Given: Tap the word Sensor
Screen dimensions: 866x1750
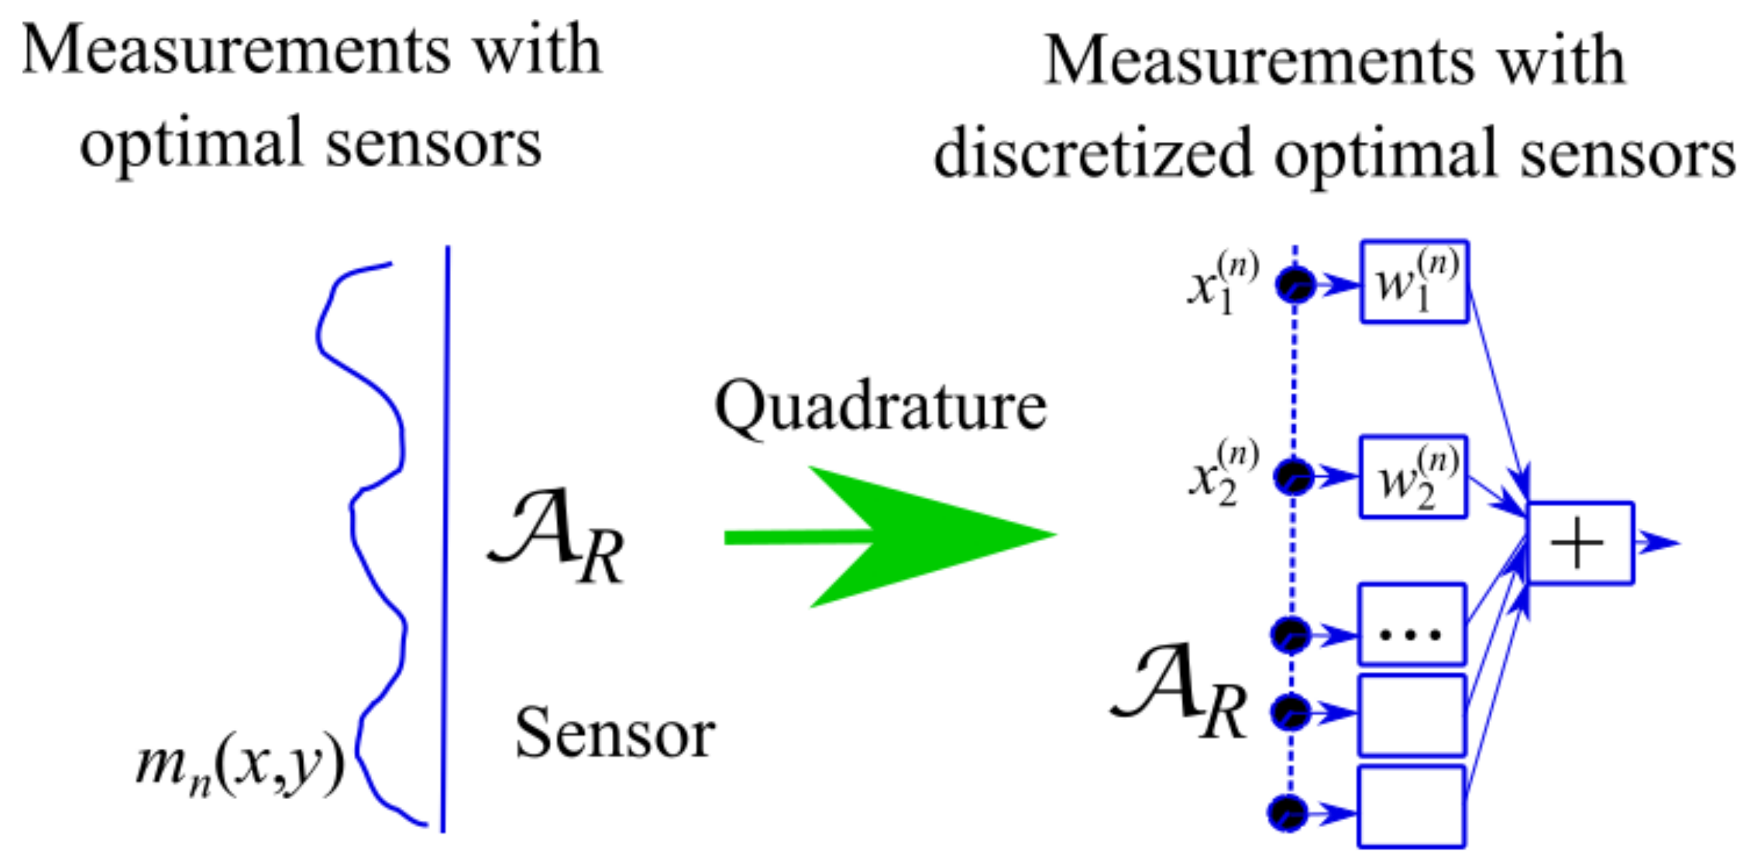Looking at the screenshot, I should click(614, 734).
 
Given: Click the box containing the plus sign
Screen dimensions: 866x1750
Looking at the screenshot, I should click(1580, 543).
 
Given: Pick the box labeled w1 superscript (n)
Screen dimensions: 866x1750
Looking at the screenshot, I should click(1413, 283).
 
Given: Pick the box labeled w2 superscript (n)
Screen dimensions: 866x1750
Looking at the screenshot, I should click(1412, 477).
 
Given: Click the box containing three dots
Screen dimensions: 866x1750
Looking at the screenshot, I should click(1411, 625).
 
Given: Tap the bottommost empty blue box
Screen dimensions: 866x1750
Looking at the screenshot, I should click(1411, 807).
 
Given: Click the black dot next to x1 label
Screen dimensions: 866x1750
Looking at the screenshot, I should click(1295, 285).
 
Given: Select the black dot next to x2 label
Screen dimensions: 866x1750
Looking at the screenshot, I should click(1294, 477).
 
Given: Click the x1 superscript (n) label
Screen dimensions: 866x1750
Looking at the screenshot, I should click(1222, 284).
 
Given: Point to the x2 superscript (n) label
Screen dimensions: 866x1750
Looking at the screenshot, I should click(1222, 474).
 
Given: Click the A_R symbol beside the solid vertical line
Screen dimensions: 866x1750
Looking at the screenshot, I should click(556, 536).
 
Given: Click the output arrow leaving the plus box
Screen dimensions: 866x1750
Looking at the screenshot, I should click(1658, 542).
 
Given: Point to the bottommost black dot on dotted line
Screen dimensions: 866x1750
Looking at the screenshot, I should click(1288, 813).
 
